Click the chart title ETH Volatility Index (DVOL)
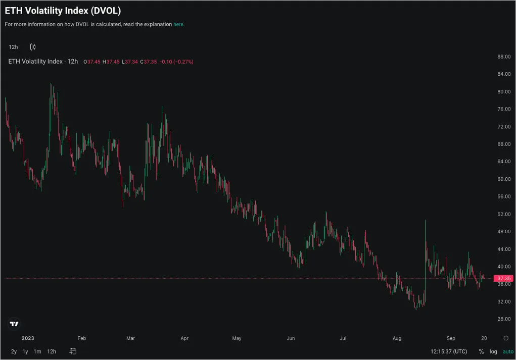(x=63, y=11)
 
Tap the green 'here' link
(x=178, y=24)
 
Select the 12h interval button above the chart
(x=13, y=47)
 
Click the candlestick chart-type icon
(x=33, y=47)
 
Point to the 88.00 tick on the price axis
(x=504, y=57)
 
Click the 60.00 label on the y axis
(x=504, y=179)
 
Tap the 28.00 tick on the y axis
(x=504, y=319)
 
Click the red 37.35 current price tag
(x=503, y=279)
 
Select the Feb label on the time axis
(x=81, y=338)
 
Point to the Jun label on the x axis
(x=291, y=338)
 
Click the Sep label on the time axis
(x=451, y=338)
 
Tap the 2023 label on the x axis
(x=28, y=338)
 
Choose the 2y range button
(x=14, y=351)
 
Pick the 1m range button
(x=37, y=351)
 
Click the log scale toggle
(x=493, y=351)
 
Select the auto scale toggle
(x=508, y=351)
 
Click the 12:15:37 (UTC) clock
(x=449, y=351)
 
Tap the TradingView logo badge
(x=14, y=324)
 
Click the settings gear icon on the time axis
(x=506, y=338)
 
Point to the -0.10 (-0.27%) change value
(x=176, y=62)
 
